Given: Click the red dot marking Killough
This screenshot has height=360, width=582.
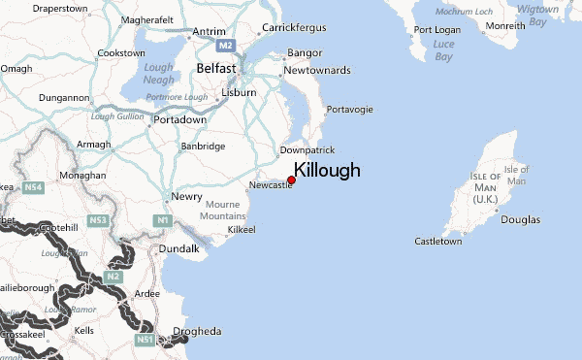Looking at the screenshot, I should [x=291, y=180].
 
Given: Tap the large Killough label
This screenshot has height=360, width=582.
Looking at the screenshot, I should [x=327, y=170].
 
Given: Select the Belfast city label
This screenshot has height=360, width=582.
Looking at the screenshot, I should [x=216, y=69].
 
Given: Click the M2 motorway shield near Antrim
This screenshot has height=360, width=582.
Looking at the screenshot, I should [x=227, y=46].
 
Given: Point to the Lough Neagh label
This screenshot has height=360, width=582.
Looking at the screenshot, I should [x=158, y=74].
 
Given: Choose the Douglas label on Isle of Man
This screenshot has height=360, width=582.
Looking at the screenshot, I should [x=521, y=220].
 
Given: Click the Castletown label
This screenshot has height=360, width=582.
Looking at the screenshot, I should [x=438, y=241].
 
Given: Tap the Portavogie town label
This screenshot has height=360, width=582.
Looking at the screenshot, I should [x=349, y=110].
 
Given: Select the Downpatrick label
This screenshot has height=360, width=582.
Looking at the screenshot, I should [x=307, y=150].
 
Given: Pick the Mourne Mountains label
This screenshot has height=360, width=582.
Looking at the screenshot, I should [x=223, y=211].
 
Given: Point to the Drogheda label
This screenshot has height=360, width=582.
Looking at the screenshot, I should [x=197, y=332].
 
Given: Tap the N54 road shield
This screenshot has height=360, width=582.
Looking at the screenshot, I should [x=34, y=187].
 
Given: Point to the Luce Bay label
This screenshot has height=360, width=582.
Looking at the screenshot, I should [x=443, y=50].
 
